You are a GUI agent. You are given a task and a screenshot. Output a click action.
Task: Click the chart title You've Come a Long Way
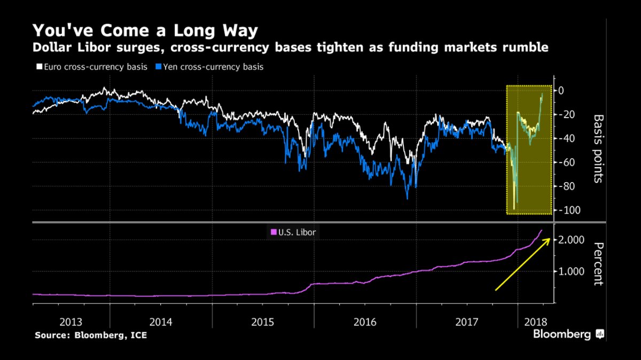(145, 29)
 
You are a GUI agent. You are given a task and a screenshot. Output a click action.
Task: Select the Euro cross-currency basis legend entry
(91, 67)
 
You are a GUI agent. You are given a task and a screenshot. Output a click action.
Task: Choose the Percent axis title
(598, 264)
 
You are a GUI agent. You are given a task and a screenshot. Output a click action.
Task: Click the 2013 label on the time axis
(71, 322)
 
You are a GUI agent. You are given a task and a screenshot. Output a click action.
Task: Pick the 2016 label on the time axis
(365, 322)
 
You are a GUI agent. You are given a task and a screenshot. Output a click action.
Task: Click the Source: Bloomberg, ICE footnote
(90, 335)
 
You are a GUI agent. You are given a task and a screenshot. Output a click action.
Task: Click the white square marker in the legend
(38, 67)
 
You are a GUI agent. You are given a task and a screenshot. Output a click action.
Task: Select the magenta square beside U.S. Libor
(274, 232)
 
